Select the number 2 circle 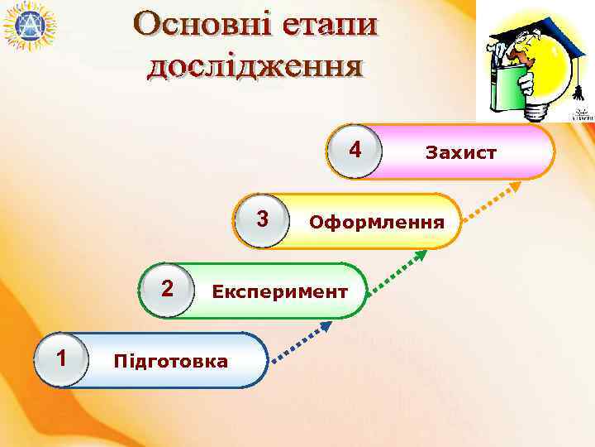(167, 290)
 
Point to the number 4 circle (355, 151)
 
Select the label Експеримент (279, 291)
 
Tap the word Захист (460, 153)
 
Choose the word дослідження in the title (255, 65)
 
